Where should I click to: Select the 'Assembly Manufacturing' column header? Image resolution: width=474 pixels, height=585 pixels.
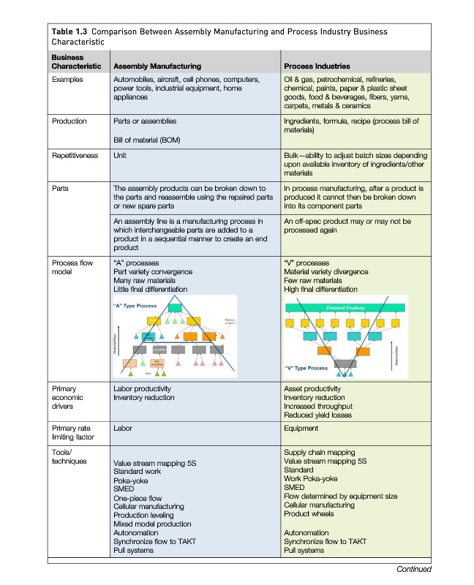(158, 66)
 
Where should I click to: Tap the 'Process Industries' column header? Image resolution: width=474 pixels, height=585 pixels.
(318, 66)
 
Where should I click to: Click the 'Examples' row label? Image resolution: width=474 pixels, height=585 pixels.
(68, 78)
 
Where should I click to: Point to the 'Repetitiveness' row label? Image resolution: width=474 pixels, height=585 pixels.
(75, 156)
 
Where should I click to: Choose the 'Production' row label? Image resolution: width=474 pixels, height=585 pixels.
(69, 121)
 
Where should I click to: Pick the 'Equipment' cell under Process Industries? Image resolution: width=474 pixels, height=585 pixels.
(301, 428)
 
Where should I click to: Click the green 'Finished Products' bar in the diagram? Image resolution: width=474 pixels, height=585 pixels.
(349, 309)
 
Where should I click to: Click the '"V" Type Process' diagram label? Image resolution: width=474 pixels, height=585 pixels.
(308, 368)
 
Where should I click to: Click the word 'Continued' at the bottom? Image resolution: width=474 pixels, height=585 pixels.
(413, 569)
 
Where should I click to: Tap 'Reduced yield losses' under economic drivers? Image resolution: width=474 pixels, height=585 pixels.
(317, 415)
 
